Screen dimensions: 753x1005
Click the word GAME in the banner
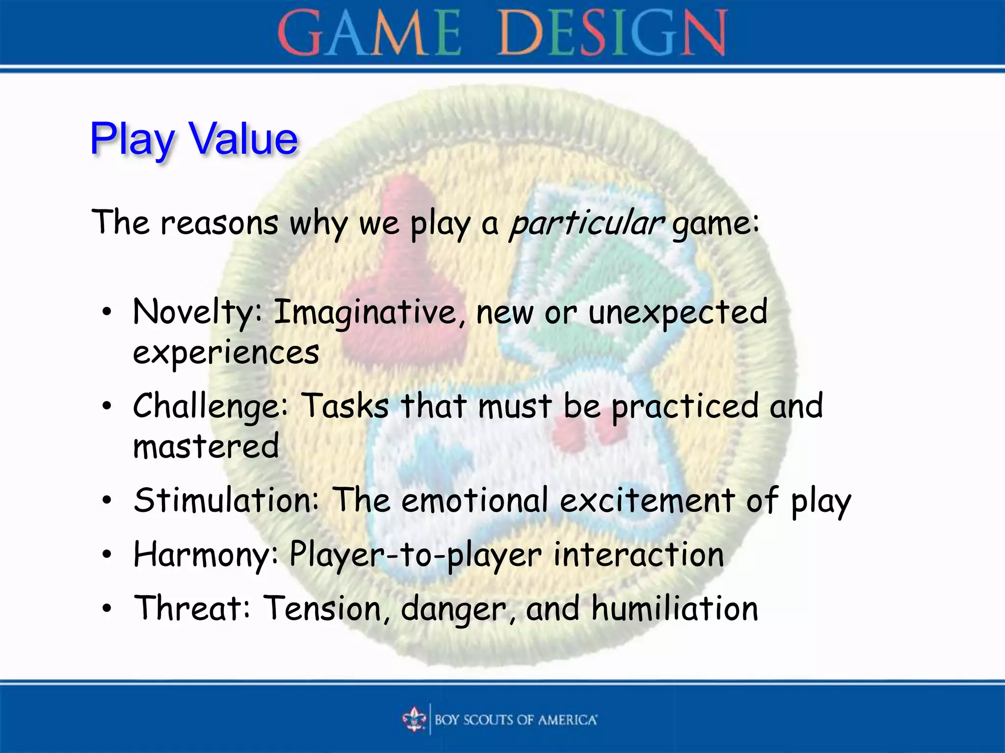click(369, 33)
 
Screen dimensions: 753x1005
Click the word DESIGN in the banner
click(612, 33)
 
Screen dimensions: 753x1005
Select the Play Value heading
click(194, 139)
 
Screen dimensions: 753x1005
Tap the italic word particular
click(586, 223)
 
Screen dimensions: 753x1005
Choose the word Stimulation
click(226, 501)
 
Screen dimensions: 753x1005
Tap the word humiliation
click(675, 608)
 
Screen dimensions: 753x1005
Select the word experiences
click(226, 353)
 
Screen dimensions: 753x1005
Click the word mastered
click(206, 447)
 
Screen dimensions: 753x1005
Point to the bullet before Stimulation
click(107, 502)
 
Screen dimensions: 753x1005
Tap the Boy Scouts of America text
click(515, 720)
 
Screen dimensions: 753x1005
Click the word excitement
click(647, 501)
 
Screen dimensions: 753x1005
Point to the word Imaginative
click(364, 312)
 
